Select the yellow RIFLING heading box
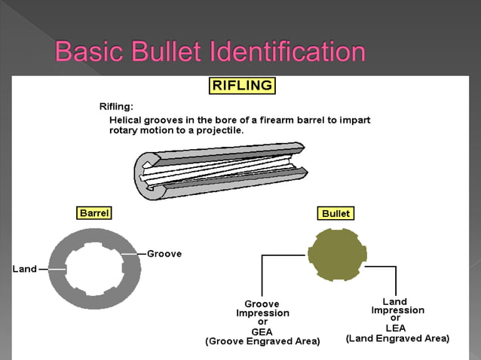click(x=242, y=85)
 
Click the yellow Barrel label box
click(x=94, y=213)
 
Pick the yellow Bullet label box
click(x=335, y=214)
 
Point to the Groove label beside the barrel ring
click(x=164, y=254)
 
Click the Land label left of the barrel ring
click(x=24, y=269)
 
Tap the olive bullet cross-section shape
click(x=337, y=253)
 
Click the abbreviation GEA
click(x=262, y=331)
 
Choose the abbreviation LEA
click(x=396, y=328)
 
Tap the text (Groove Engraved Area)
click(x=262, y=342)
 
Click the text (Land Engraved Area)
click(x=397, y=339)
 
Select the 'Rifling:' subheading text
click(x=116, y=107)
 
